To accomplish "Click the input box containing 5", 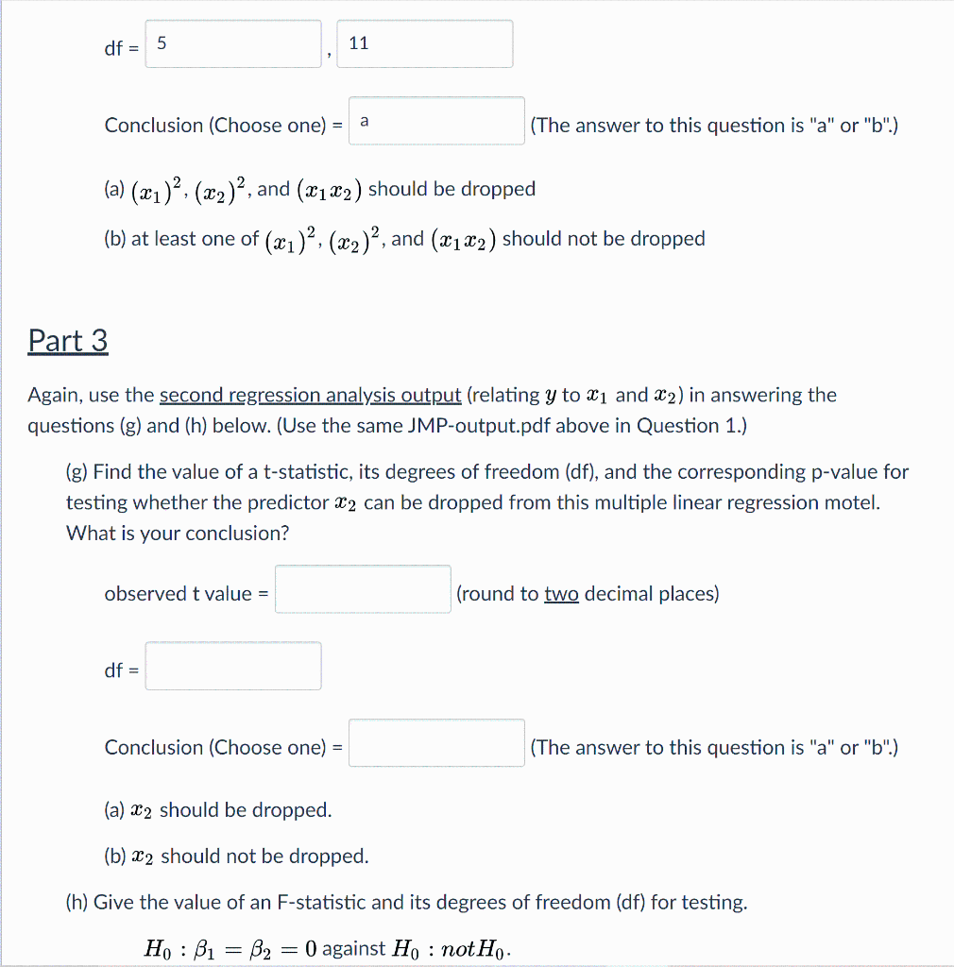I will tap(232, 44).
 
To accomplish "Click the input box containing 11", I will tap(424, 44).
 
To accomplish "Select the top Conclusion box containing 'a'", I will tap(436, 122).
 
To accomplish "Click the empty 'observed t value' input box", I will tap(363, 590).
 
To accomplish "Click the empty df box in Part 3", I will tap(232, 667).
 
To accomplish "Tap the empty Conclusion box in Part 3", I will tap(436, 744).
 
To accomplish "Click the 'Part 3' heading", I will tap(68, 341).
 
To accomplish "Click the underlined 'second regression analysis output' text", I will tap(311, 396).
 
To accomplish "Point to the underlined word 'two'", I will tap(561, 594).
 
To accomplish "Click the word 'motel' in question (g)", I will tap(852, 502).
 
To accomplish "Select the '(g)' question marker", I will tap(77, 471).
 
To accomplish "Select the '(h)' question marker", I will tap(77, 903).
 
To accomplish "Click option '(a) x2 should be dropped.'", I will tap(217, 810).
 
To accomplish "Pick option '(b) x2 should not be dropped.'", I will tap(236, 857).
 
